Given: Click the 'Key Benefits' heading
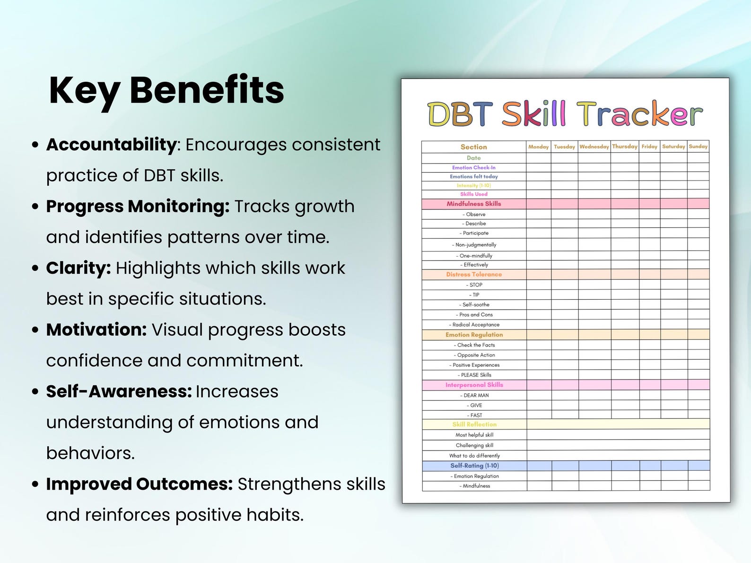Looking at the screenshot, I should click(166, 90).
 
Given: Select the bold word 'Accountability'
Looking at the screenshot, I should click(111, 145).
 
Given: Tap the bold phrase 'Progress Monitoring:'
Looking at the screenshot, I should click(138, 207).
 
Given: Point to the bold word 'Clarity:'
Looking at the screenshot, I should click(79, 268).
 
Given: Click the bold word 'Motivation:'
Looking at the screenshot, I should click(96, 330).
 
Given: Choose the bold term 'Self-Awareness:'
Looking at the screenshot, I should click(119, 392).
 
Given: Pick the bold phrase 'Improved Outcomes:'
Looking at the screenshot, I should click(140, 484).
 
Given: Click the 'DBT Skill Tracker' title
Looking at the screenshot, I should click(565, 114).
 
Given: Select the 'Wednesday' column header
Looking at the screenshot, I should click(594, 147).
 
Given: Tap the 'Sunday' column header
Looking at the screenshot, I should click(698, 147).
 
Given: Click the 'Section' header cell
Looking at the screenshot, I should click(473, 147).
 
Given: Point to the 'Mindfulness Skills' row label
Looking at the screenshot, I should click(473, 204).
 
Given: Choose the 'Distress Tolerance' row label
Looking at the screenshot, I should click(474, 274).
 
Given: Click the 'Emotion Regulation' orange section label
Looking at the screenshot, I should click(474, 335).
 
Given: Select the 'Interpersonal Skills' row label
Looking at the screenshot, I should click(474, 385).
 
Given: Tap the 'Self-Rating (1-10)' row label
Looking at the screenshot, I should click(474, 466).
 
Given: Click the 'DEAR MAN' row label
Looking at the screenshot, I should click(475, 395).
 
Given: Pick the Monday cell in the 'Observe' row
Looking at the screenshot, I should click(538, 214).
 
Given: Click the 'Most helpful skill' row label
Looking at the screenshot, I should click(474, 435).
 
